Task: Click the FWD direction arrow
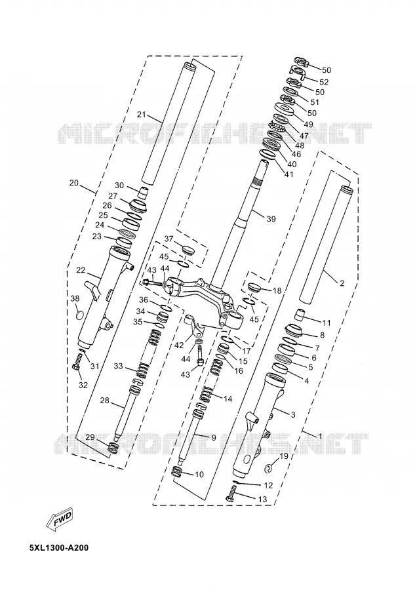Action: (x=59, y=520)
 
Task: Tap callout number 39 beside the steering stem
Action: (x=271, y=219)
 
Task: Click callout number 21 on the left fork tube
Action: (x=142, y=115)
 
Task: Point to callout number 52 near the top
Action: (x=324, y=82)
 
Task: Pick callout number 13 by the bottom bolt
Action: (x=262, y=500)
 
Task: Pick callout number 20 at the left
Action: (x=74, y=184)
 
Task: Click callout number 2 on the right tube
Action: (x=342, y=283)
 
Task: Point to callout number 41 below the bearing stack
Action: (x=288, y=174)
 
